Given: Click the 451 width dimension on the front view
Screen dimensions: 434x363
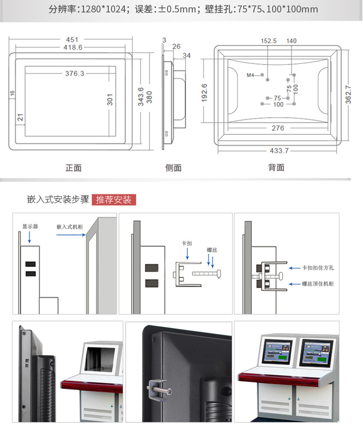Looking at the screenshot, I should pos(72,40).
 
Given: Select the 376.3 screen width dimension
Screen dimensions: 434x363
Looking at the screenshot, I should pos(74,74).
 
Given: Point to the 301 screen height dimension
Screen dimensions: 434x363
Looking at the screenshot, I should pos(110,99).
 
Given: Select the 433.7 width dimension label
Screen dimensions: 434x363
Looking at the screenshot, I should pos(279,150).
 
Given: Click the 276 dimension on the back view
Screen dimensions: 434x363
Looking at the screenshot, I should pos(278,128).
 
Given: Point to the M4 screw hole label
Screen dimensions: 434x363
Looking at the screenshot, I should pos(250,75).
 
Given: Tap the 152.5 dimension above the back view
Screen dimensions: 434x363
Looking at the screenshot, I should pos(269,41).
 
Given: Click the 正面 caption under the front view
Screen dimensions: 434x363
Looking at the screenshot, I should pos(73,168).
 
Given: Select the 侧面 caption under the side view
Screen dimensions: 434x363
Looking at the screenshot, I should pos(173,168).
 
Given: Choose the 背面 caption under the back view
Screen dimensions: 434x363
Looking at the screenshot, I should pos(276,167).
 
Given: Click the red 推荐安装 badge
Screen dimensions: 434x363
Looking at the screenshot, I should pos(114,200).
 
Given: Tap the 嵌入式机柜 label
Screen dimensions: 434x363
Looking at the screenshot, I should pos(70,227).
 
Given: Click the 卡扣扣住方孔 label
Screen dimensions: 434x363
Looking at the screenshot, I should pos(318,268).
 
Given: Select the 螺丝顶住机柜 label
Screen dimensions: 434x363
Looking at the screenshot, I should pos(318,284).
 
